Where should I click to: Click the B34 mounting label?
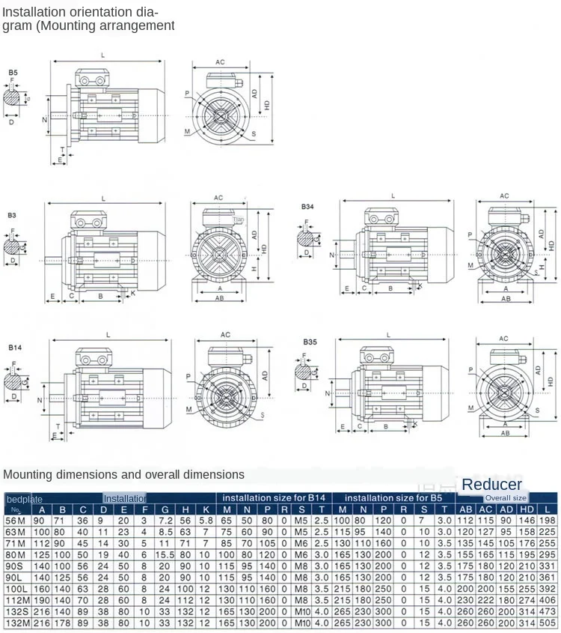308,206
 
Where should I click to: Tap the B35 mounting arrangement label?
310,342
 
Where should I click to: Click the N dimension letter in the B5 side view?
45,119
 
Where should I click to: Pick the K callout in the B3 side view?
133,292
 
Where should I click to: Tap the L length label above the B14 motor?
108,335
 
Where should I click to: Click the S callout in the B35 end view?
537,411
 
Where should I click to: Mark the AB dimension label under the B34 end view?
506,298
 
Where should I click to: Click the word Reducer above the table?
491,485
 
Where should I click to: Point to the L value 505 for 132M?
548,623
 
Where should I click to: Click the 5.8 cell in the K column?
206,521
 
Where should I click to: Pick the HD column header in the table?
527,509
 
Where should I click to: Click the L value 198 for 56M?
548,521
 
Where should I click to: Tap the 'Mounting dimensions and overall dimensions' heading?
123,474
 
